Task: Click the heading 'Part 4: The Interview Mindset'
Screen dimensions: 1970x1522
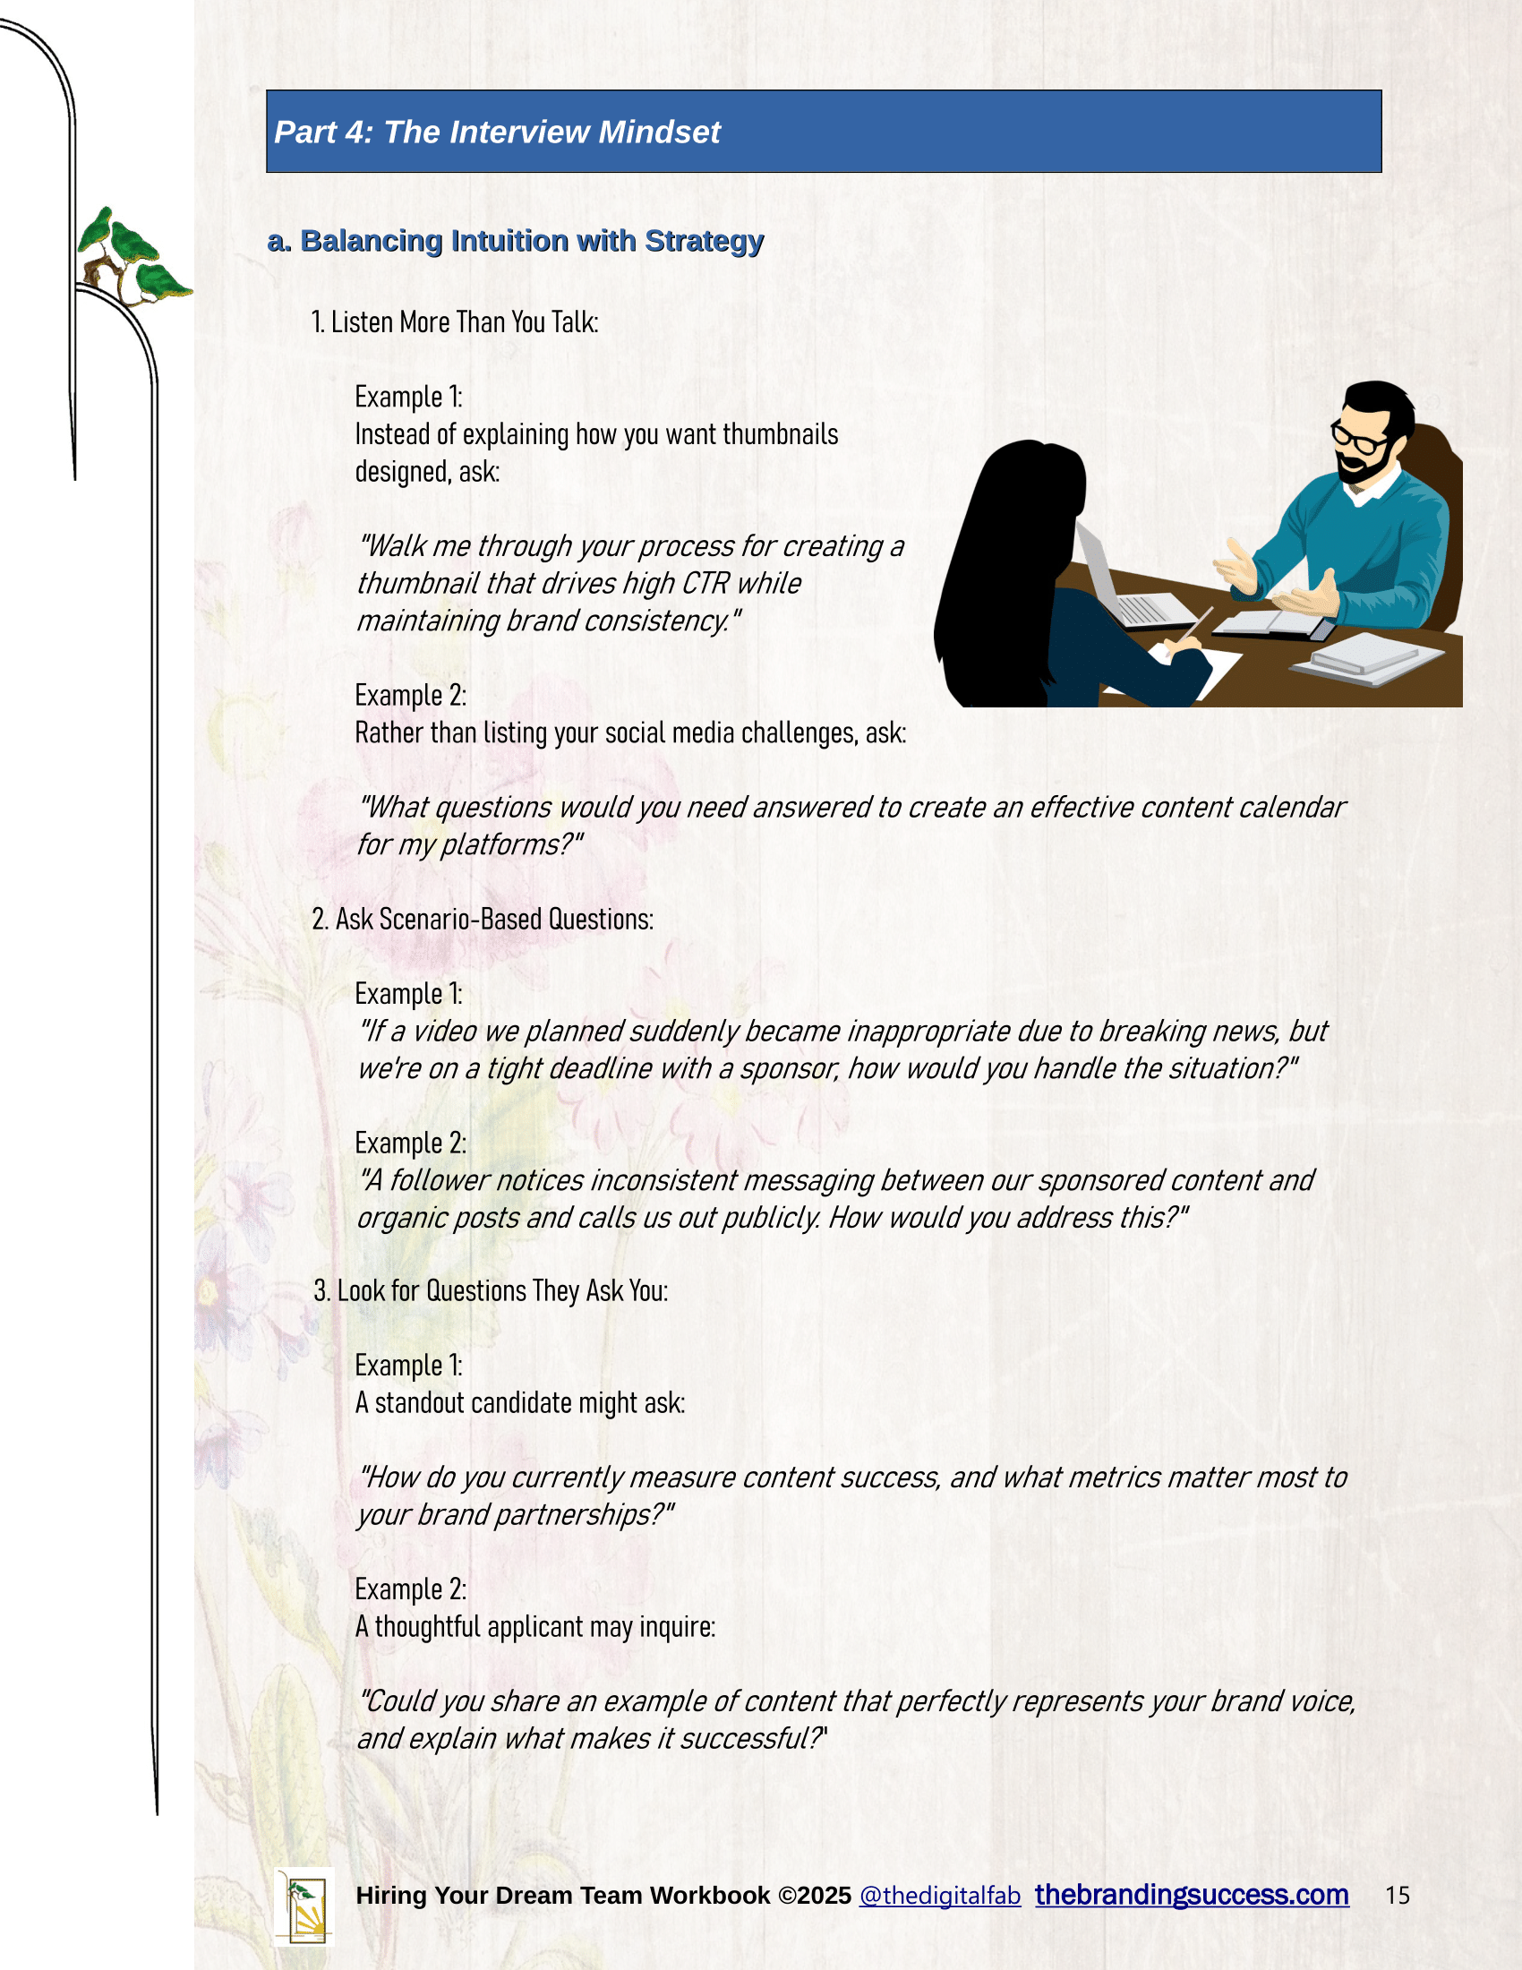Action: click(x=497, y=133)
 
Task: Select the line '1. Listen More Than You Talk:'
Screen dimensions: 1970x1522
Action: click(x=455, y=322)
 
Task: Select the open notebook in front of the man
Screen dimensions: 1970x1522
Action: click(x=1271, y=621)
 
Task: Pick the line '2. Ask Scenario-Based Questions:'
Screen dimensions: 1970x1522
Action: click(x=483, y=919)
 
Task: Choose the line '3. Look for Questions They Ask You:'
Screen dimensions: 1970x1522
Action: click(x=491, y=1290)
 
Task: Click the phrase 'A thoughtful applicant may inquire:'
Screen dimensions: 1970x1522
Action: click(x=534, y=1626)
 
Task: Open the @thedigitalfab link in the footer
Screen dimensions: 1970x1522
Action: click(x=939, y=1895)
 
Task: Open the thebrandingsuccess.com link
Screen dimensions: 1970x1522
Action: click(x=1191, y=1894)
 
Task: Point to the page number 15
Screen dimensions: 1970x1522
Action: click(x=1397, y=1895)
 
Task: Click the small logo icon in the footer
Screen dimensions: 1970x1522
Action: click(x=304, y=1906)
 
